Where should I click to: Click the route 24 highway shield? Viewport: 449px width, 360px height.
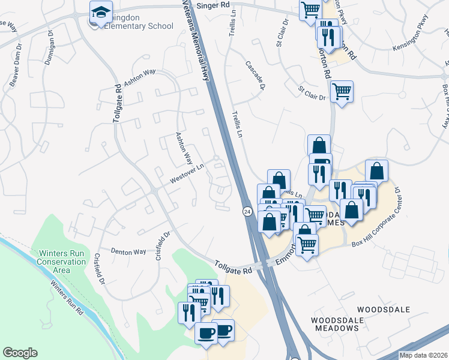coord(247,212)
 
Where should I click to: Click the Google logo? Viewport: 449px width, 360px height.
coord(20,352)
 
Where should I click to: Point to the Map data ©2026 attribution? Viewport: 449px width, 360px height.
coord(423,355)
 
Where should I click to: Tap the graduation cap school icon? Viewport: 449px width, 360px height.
coord(101,11)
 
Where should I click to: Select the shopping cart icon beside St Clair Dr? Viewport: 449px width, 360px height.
coord(342,92)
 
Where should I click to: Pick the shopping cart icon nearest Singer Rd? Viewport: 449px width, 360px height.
coord(310,8)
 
